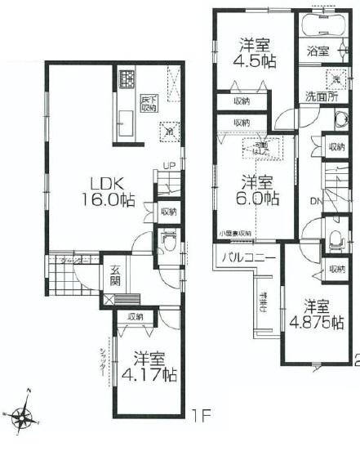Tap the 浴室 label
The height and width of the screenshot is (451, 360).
[318, 51]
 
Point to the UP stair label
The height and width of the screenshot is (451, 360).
[169, 167]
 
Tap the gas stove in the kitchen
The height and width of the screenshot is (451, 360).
[128, 80]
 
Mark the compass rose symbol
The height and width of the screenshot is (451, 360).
[24, 418]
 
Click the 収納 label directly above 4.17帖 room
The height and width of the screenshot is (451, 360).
[136, 316]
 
